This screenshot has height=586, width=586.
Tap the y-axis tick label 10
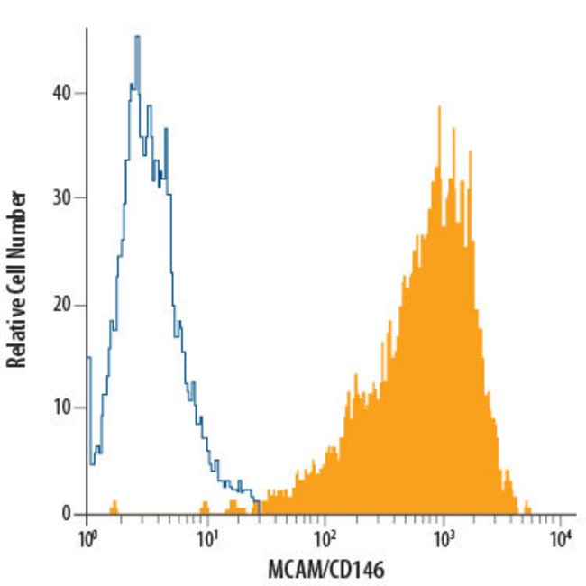coord(64,408)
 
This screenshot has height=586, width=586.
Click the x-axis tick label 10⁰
coord(88,543)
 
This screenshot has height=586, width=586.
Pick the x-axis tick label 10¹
coord(207,543)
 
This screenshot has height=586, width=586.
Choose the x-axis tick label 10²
coord(325,543)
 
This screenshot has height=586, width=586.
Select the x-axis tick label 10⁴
coord(561,543)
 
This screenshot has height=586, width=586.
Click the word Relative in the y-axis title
coord(15,331)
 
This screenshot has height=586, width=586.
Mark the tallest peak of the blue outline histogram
coord(137,38)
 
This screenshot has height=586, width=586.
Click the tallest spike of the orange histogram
coord(439,107)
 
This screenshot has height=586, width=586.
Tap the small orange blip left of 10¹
coord(206,507)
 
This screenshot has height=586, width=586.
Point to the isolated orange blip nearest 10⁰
coord(114,506)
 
